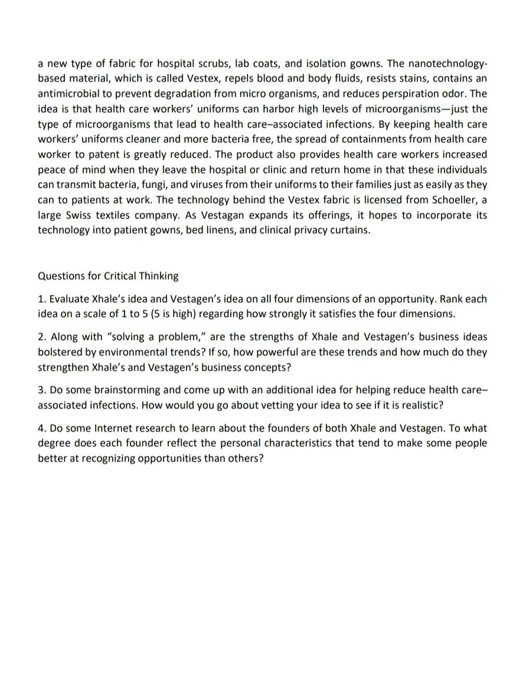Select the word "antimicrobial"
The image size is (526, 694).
tap(67, 94)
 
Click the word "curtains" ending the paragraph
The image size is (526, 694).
tap(349, 230)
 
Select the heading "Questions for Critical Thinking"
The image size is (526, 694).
tap(108, 276)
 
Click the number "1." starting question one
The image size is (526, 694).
tap(42, 299)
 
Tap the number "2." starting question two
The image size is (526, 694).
tap(42, 337)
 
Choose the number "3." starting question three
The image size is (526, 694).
tap(42, 390)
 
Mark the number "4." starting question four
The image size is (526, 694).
tap(42, 428)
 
